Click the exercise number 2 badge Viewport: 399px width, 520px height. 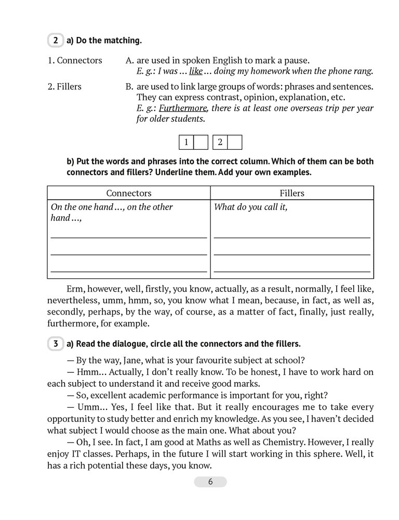coord(54,40)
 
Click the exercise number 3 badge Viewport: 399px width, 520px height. coord(54,344)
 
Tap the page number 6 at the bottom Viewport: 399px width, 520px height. coord(210,482)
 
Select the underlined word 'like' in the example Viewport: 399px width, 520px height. coord(196,72)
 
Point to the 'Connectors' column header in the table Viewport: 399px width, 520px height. coord(128,193)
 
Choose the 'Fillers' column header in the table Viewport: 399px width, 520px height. coord(292,193)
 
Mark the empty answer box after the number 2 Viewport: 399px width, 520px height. coord(235,142)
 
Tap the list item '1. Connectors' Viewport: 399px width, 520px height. coord(75,60)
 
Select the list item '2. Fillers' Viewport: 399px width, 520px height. coord(64,86)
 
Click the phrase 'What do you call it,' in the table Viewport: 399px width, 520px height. coord(251,207)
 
